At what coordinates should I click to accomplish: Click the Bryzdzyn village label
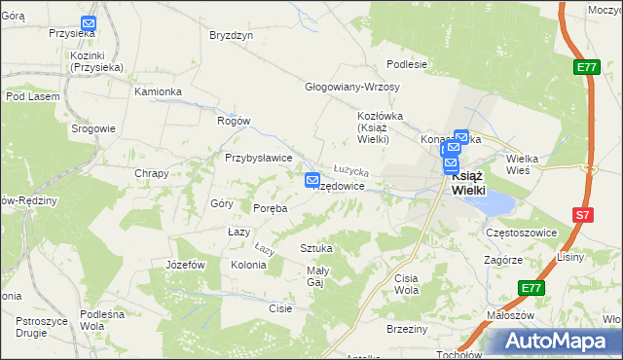coord(232,35)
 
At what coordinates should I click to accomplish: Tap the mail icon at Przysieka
coord(89,23)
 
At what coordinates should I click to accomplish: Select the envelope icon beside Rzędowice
coord(312,180)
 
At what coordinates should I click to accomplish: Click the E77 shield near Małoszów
coord(531,288)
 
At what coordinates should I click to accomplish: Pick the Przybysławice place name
coord(259,158)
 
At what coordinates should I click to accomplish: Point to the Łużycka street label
coord(349,170)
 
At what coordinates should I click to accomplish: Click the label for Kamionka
coord(159,91)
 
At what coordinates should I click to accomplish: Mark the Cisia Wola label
coord(406,284)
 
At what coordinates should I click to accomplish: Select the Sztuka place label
coord(316,248)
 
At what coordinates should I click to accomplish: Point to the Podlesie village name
coord(407,64)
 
